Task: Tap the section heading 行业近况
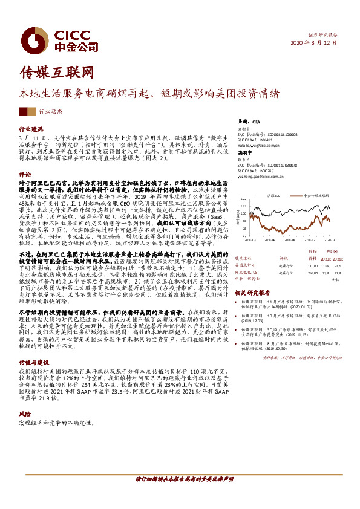pyautogui.click(x=31, y=129)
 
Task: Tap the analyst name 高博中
pyautogui.click(x=244, y=154)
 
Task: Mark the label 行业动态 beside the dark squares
pyautogui.click(x=51, y=112)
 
